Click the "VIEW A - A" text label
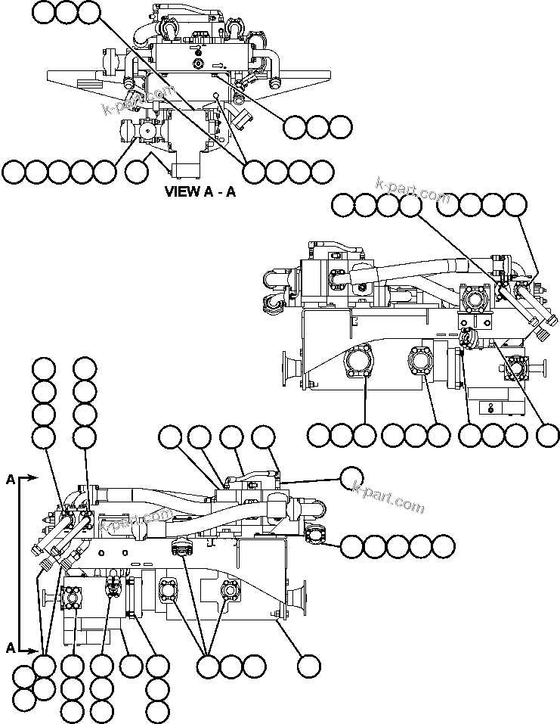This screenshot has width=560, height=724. point(200,191)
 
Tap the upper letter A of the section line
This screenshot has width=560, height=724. point(10,479)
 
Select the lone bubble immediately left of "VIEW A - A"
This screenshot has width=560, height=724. point(137,172)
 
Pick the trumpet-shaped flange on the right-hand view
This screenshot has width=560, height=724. point(289,369)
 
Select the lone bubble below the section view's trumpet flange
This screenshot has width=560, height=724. point(308,666)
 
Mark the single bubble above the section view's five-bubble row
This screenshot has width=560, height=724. point(351,478)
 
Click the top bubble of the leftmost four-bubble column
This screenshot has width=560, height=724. point(44,368)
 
